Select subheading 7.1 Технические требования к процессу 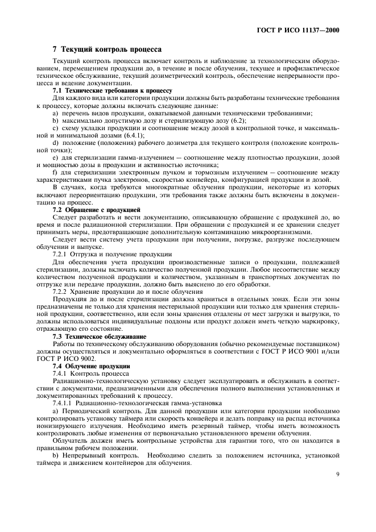(x=113, y=90)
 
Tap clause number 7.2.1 (x=62, y=253)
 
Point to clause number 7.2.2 (x=62, y=291)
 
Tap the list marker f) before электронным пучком (x=54, y=172)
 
